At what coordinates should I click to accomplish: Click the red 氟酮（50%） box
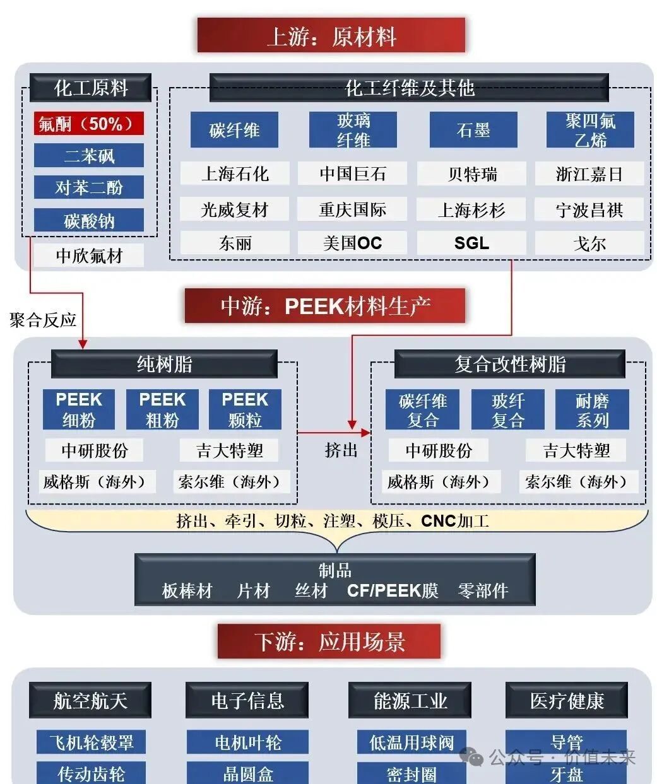[88, 124]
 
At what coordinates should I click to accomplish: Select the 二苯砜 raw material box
[88, 156]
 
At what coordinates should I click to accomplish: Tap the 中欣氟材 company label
[88, 255]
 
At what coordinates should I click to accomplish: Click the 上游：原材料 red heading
[331, 36]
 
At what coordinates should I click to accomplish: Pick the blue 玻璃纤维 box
[353, 130]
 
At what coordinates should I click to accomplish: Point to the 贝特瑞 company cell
[471, 174]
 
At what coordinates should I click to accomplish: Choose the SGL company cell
[471, 243]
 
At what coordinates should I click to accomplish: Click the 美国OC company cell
[353, 243]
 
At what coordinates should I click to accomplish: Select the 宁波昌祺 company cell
[589, 209]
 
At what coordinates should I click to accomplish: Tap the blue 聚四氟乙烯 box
[590, 130]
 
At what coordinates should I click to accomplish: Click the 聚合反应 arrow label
[43, 320]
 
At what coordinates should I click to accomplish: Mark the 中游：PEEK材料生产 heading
[325, 307]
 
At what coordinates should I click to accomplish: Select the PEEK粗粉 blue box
[162, 409]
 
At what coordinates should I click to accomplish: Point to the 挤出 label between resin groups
[341, 450]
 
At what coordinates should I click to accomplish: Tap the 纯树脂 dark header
[164, 364]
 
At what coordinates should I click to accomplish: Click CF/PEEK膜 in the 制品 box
[393, 590]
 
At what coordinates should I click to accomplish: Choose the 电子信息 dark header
[247, 700]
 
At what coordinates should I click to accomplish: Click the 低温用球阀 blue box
[411, 742]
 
